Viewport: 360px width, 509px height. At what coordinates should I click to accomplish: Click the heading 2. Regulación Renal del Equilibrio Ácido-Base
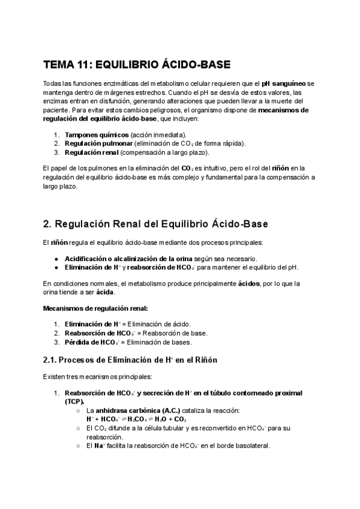click(x=156, y=224)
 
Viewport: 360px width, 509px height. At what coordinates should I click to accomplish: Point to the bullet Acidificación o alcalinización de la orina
click(x=131, y=258)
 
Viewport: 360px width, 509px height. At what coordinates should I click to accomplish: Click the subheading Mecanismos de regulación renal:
click(x=95, y=309)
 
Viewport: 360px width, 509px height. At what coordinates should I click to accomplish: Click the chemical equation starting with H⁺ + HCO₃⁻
click(x=136, y=419)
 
